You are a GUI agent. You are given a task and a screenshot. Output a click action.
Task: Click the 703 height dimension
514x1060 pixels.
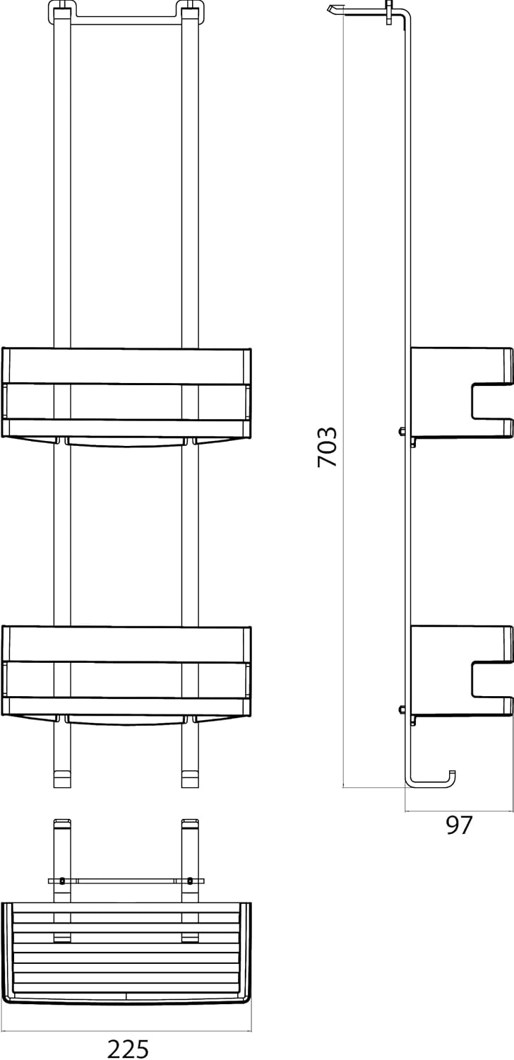click(327, 447)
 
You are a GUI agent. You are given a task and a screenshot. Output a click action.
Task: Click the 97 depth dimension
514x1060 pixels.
click(459, 825)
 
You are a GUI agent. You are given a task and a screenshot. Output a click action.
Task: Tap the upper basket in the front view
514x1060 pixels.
click(126, 396)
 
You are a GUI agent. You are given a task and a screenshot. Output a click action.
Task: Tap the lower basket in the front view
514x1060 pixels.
click(126, 674)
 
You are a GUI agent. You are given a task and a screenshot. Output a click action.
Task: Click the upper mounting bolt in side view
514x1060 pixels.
click(402, 431)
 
